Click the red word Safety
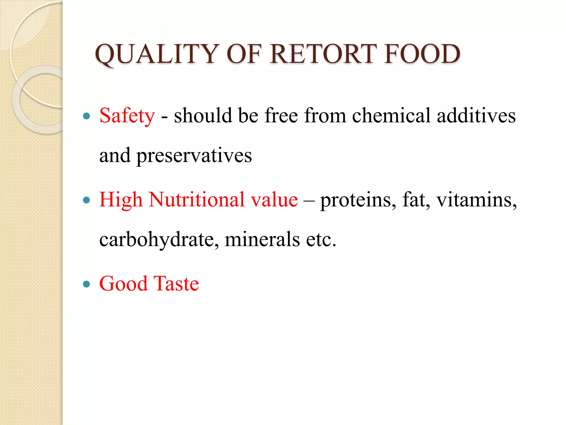[x=127, y=116]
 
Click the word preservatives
[x=194, y=156]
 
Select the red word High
[x=121, y=200]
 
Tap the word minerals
[x=262, y=239]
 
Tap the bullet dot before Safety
[x=87, y=116]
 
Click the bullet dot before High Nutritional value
[x=87, y=200]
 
